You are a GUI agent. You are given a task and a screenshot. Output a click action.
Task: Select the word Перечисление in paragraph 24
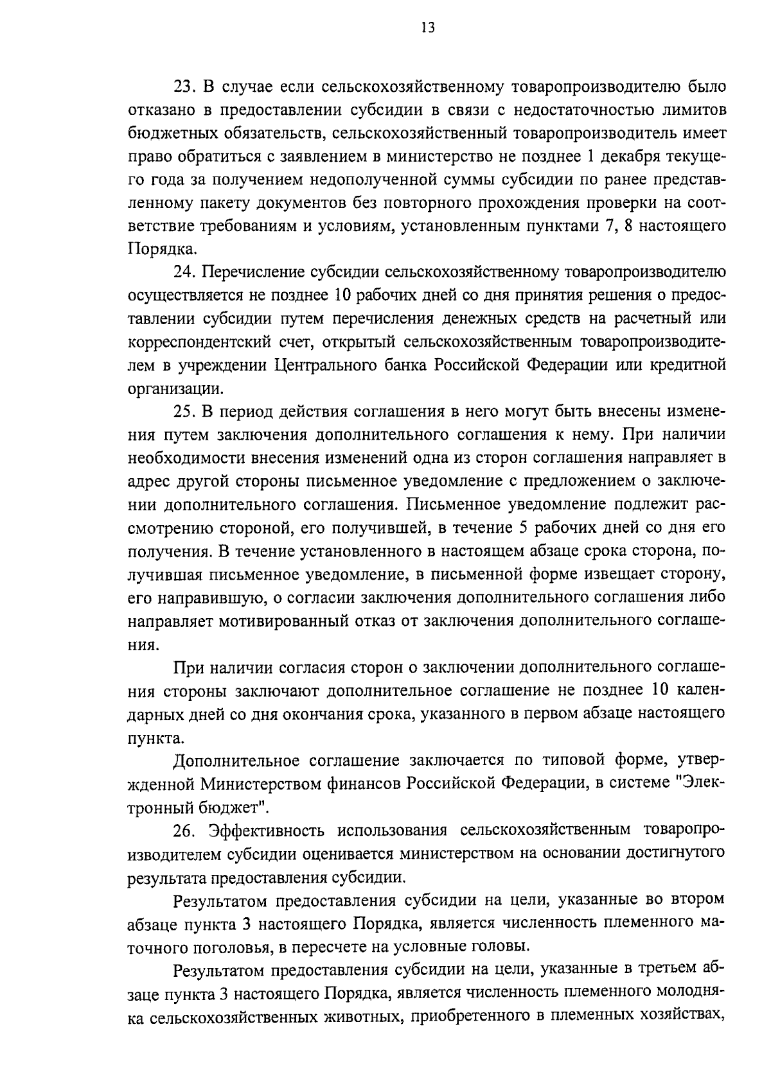pyautogui.click(x=252, y=272)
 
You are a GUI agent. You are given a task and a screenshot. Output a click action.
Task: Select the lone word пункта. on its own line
pyautogui.click(x=155, y=738)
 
